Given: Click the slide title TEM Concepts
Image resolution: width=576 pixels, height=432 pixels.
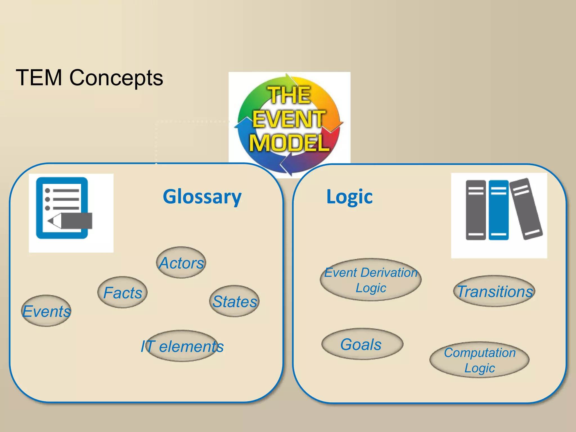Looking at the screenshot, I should [89, 78].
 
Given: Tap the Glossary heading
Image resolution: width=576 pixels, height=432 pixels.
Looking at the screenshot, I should [202, 197].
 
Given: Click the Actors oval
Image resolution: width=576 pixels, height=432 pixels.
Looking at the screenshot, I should [181, 263].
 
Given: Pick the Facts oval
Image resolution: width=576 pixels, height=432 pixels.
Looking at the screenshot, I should [122, 292].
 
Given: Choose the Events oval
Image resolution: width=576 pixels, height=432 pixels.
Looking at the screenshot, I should [46, 311].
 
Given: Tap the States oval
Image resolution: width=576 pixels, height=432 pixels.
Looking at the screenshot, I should [234, 301].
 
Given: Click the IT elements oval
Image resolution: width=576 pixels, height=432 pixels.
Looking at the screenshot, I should [182, 346].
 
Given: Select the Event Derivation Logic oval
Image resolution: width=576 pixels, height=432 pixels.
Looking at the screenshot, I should [371, 280].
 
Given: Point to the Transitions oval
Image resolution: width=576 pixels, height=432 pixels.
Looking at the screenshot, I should [494, 291].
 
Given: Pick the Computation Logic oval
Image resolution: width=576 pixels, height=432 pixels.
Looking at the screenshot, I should [480, 360].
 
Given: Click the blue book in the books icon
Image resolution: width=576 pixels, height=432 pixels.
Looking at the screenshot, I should [499, 210].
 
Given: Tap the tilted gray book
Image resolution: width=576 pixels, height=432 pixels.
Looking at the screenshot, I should [526, 209].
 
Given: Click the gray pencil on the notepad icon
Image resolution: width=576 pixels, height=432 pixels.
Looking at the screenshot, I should [73, 221].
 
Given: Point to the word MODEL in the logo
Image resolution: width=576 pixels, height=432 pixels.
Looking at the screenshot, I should [289, 143].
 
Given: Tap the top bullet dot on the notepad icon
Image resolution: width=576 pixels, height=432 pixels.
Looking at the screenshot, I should [48, 191].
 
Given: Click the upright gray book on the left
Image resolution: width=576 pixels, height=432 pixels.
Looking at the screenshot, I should [476, 210].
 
